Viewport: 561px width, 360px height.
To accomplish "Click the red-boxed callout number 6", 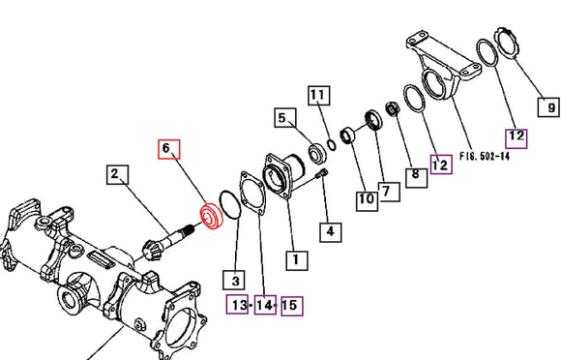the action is click(x=169, y=149).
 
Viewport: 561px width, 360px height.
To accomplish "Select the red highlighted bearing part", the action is click(x=211, y=217).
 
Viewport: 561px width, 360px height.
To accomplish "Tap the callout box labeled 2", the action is click(x=118, y=174).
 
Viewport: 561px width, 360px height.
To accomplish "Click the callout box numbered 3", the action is click(x=234, y=280).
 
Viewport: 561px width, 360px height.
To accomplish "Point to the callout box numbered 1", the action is click(x=297, y=260).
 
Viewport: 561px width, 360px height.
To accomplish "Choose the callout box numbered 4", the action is click(x=330, y=232).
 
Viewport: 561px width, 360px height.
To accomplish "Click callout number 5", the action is click(x=285, y=118).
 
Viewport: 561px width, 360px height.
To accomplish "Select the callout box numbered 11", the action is click(x=319, y=96).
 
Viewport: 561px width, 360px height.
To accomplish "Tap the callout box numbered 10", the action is click(x=367, y=200).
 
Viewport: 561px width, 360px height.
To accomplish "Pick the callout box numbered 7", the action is click(x=389, y=192).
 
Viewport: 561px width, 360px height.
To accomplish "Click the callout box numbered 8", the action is click(x=416, y=177).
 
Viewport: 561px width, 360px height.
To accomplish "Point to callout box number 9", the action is click(x=548, y=106).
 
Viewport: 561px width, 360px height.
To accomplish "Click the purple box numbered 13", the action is click(x=237, y=305).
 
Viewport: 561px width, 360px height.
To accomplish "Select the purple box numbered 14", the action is click(x=265, y=305).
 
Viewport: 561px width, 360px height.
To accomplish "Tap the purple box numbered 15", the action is click(x=292, y=306).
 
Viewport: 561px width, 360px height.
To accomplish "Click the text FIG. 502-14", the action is click(x=485, y=157).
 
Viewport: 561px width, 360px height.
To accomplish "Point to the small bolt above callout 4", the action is click(x=322, y=174).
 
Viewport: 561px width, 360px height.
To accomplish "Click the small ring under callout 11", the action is click(x=332, y=145).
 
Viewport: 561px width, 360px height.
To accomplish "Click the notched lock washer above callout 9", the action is click(x=506, y=42).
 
